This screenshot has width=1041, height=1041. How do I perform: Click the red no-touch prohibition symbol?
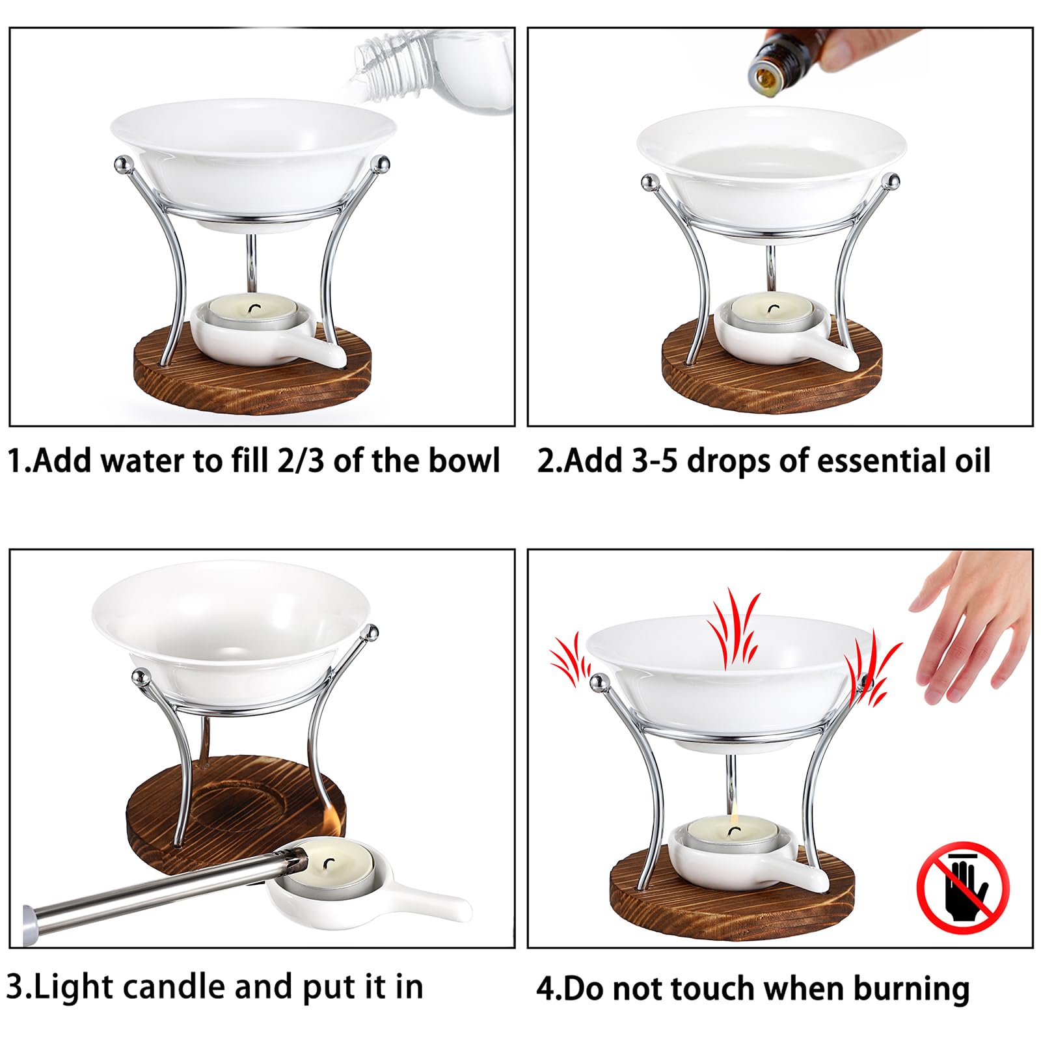(963, 887)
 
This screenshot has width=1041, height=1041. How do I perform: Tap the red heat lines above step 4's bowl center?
(733, 628)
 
